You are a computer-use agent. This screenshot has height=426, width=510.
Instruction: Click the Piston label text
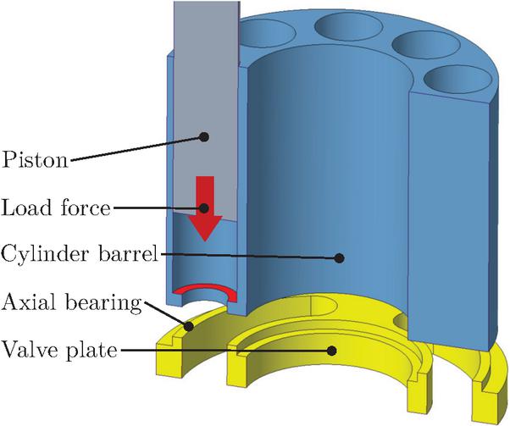click(36, 158)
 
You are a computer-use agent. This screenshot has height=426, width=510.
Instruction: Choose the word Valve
click(28, 348)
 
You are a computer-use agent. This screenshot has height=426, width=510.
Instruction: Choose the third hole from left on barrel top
click(415, 47)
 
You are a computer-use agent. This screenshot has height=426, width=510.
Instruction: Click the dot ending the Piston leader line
click(203, 135)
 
